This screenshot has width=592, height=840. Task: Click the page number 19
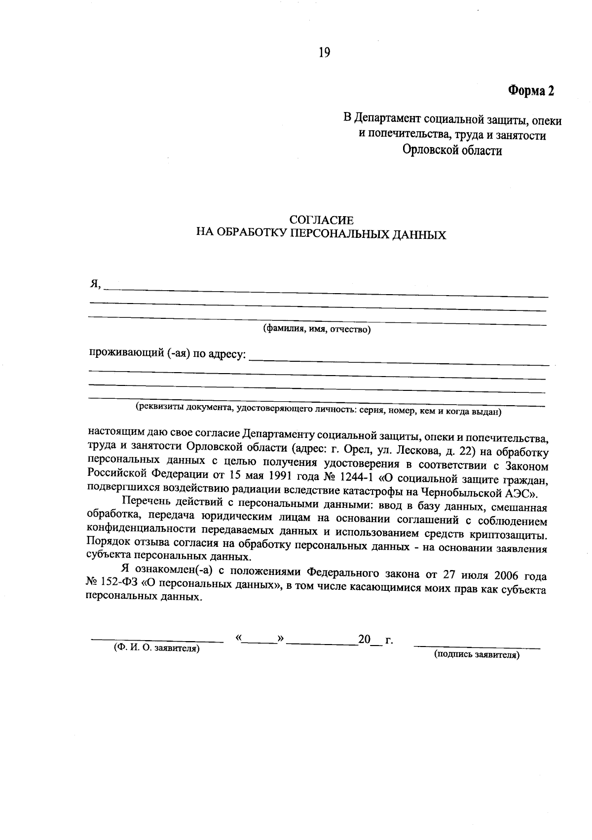324,53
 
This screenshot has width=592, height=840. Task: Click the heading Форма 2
531,91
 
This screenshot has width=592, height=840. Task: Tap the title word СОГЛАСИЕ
321,220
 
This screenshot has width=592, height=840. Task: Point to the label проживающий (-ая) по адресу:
167,354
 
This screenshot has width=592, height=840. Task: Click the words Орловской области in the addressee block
452,150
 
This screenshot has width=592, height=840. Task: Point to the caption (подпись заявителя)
477,655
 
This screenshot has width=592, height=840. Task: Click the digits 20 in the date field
364,640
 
